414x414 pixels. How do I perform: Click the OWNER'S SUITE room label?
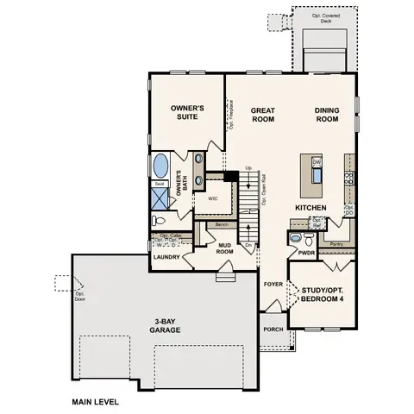(186, 113)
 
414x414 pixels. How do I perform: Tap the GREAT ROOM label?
(262, 116)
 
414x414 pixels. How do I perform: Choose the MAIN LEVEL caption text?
(96, 402)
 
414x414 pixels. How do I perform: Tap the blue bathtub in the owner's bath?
(160, 166)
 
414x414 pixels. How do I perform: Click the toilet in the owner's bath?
(160, 221)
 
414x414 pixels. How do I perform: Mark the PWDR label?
(306, 254)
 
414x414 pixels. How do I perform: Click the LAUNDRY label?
(166, 257)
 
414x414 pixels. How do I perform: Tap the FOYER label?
(273, 283)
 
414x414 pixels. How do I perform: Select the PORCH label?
(273, 328)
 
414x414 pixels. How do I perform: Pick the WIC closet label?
(213, 198)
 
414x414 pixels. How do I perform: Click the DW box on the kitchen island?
(317, 162)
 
